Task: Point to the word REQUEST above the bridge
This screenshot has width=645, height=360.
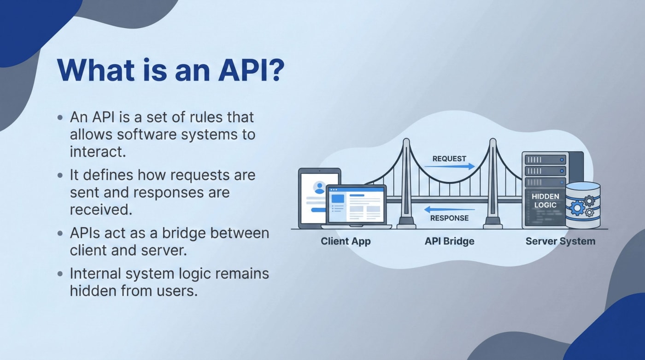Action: point(449,159)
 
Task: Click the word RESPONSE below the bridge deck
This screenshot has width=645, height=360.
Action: point(449,218)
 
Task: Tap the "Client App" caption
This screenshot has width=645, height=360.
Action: point(346,241)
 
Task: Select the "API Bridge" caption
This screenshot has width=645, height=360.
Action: point(449,241)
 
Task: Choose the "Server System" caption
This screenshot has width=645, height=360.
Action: point(560,241)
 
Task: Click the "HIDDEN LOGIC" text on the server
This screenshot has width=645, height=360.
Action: point(545,201)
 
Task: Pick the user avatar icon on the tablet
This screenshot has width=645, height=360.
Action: point(319,187)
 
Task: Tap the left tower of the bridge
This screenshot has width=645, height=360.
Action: point(406,184)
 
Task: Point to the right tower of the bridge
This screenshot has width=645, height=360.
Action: point(493,184)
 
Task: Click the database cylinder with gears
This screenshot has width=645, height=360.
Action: point(583,205)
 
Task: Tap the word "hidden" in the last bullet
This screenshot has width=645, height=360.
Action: point(90,291)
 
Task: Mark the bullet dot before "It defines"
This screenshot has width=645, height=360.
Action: point(60,176)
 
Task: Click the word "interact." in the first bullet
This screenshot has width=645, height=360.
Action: point(98,152)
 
